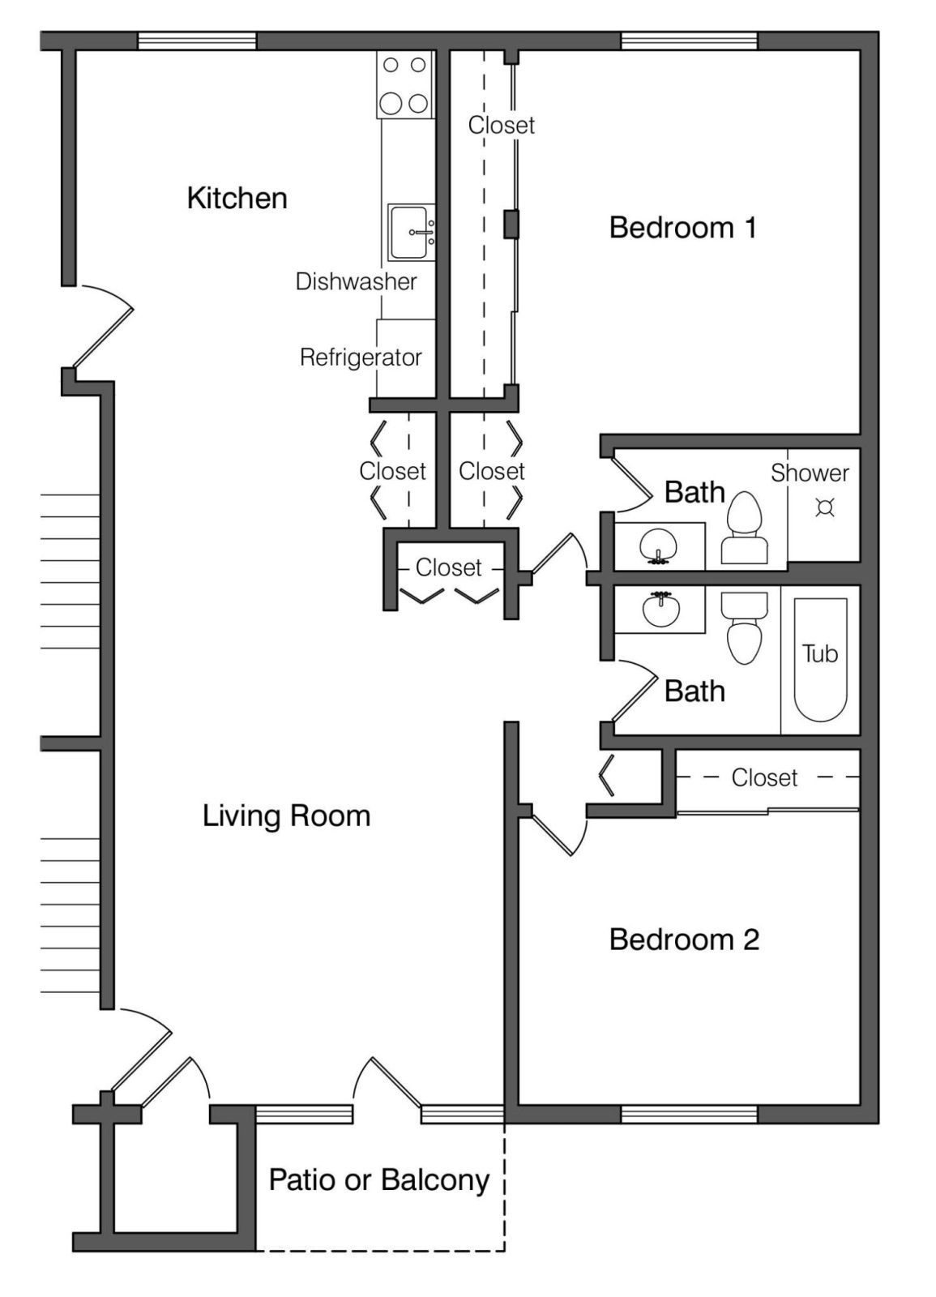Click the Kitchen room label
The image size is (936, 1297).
[x=237, y=199]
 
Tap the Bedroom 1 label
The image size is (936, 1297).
[x=683, y=228]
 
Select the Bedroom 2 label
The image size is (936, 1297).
[x=684, y=940]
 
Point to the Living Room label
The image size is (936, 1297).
[x=287, y=815]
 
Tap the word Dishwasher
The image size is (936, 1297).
[x=356, y=281]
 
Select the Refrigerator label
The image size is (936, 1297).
[x=361, y=357]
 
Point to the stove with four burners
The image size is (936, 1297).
[x=404, y=84]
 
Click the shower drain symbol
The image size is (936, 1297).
[x=824, y=507]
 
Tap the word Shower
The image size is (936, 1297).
[x=810, y=473]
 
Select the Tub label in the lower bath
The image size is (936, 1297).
[x=819, y=653]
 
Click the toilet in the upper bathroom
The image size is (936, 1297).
[x=745, y=528]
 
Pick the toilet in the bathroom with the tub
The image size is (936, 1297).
[x=744, y=627]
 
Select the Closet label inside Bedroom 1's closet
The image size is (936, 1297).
[x=502, y=125]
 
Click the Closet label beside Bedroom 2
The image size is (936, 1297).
[x=764, y=777]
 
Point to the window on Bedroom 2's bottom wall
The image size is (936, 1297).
[x=689, y=1114]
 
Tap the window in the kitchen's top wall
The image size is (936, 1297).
[x=197, y=41]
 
